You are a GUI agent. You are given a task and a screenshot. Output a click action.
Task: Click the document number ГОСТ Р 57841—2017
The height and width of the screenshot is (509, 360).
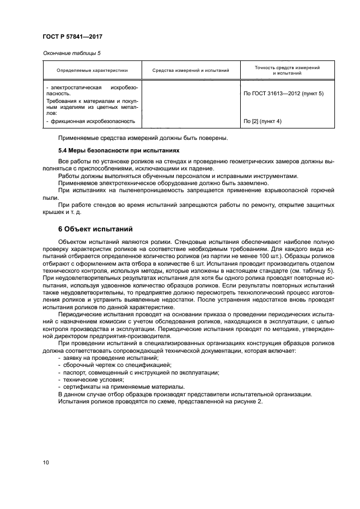(x=72, y=36)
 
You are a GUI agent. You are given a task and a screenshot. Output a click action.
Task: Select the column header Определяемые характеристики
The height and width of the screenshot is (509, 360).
(x=91, y=70)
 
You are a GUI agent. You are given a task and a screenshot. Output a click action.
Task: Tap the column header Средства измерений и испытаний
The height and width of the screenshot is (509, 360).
(x=191, y=70)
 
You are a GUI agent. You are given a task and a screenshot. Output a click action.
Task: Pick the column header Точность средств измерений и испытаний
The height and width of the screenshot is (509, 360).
(x=287, y=70)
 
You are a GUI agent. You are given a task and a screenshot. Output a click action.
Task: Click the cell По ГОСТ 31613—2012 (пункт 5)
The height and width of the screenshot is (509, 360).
(x=283, y=93)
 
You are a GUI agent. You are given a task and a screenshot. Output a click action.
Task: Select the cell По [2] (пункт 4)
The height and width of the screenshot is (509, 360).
(x=263, y=121)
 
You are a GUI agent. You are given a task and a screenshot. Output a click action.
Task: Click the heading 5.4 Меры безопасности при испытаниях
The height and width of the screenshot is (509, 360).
(x=119, y=150)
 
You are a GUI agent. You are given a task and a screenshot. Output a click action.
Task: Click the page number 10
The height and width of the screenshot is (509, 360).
(x=46, y=463)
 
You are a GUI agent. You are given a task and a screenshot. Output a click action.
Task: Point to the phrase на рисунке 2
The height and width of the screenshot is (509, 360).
(x=243, y=401)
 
